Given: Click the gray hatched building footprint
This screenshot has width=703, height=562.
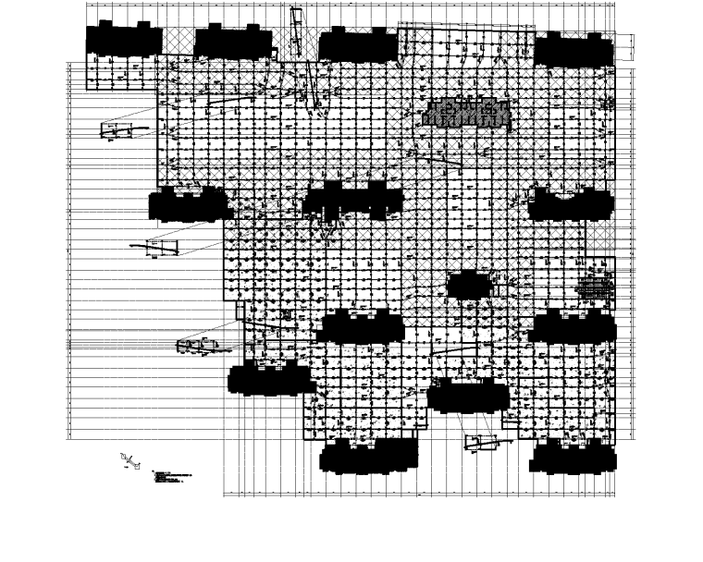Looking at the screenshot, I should pos(466,113).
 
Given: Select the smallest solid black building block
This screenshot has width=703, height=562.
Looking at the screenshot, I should pos(467,285).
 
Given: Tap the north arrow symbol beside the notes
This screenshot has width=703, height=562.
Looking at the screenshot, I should pos(128,459).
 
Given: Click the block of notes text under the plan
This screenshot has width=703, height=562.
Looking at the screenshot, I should pos(171,479).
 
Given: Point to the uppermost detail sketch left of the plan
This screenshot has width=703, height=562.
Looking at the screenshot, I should pos(117,130).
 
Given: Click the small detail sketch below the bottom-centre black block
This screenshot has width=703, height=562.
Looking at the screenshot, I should pos(481,442).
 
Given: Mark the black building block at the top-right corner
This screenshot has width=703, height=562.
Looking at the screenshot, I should pos(573,49).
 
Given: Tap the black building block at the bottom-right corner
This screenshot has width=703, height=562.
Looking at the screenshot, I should pos(573,455).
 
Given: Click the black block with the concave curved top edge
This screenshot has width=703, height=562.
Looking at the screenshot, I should pos(571,203).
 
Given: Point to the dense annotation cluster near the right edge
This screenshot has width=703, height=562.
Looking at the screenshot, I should pos(595,287).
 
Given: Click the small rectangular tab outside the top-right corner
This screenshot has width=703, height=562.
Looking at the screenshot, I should pos(625,46).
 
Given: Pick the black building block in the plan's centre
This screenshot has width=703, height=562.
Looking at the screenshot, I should pos(353,200).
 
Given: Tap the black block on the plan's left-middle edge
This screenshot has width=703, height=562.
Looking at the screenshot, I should pos(190,204).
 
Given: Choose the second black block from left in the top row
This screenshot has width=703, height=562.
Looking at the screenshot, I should pos(233,42).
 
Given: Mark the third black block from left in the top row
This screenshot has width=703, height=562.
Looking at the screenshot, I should pos(357,44).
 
